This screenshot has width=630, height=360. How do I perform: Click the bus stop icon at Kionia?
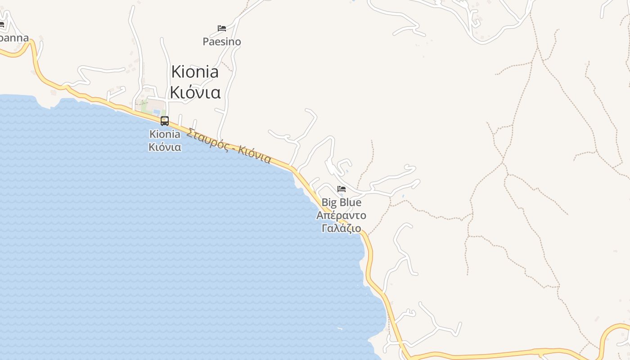(165, 121)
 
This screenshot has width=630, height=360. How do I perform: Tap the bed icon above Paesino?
(222, 28)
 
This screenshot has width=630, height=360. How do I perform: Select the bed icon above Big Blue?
(342, 189)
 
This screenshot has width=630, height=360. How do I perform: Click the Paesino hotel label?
(222, 42)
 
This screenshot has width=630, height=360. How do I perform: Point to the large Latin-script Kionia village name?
(195, 72)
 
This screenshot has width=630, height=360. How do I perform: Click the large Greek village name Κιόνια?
(195, 92)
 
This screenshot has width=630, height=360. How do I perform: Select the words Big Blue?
(342, 202)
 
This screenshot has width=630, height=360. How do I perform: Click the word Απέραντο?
(342, 215)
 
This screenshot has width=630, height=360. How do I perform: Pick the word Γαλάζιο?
(342, 228)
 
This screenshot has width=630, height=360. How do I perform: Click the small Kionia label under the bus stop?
(165, 134)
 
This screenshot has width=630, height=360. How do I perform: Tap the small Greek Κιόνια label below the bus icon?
(165, 147)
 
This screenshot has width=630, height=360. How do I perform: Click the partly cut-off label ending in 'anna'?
(13, 38)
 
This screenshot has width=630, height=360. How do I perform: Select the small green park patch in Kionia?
(144, 107)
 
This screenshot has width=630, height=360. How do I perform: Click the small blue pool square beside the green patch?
(157, 112)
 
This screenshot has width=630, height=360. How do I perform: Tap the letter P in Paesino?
(206, 42)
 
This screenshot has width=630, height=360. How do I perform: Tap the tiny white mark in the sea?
(339, 328)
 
